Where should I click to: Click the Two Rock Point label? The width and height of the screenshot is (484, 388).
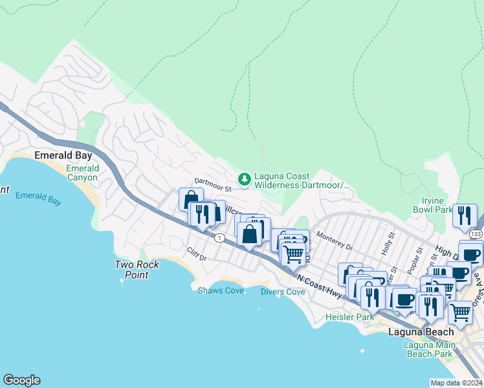pyautogui.click(x=132, y=269)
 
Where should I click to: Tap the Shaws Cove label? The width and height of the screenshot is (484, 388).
pyautogui.click(x=221, y=290)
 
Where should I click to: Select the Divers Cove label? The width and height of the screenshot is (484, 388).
pyautogui.click(x=283, y=292)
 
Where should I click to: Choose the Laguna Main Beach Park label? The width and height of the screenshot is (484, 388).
pyautogui.click(x=428, y=349)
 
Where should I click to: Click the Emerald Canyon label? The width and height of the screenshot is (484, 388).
pyautogui.click(x=83, y=173)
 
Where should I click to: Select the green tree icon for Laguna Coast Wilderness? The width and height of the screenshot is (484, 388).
pyautogui.click(x=245, y=179)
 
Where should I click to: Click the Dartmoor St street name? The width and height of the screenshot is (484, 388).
pyautogui.click(x=214, y=187)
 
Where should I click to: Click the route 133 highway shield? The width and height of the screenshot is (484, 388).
pyautogui.click(x=476, y=233)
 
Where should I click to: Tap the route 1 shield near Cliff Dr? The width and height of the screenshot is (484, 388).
pyautogui.click(x=221, y=238)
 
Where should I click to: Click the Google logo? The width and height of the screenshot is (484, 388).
pyautogui.click(x=21, y=380)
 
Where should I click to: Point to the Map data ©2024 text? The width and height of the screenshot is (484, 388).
pyautogui.click(x=456, y=383)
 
